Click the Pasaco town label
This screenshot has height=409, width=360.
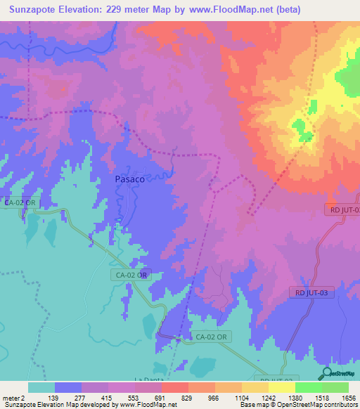click(130, 179)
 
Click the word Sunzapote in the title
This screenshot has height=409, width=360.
click(32, 10)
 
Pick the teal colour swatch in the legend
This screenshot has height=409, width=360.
click(41, 387)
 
